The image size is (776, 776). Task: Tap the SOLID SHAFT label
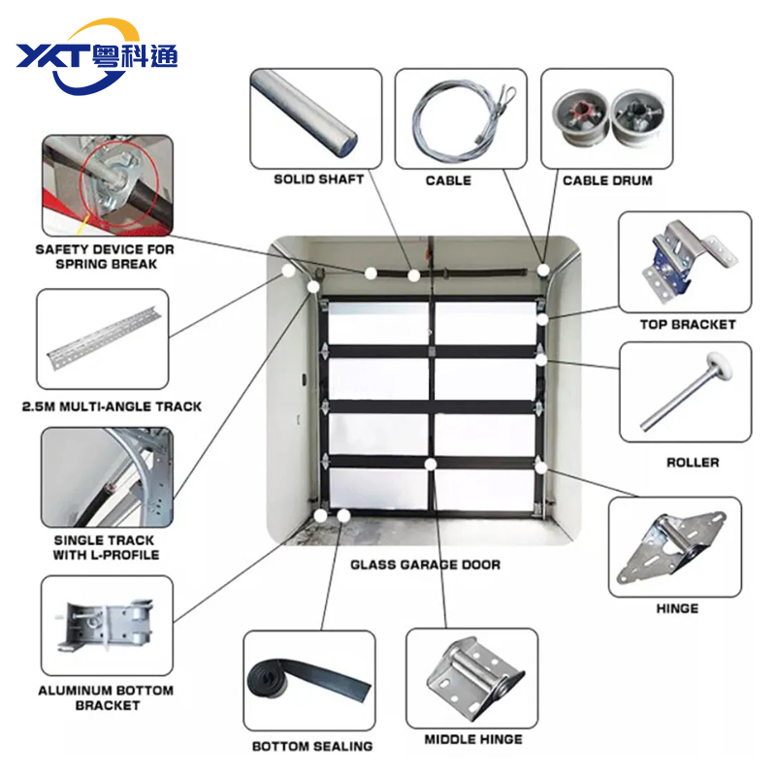click(319, 179)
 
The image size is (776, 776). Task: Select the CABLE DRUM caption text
click(607, 179)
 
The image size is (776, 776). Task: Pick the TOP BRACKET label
click(687, 324)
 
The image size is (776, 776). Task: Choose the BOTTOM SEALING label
click(312, 746)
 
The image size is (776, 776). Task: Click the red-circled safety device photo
click(107, 184)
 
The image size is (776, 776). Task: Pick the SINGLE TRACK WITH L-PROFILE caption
click(106, 547)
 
